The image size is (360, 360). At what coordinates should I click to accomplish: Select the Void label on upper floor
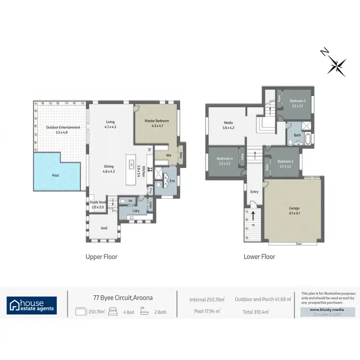tap(104, 228)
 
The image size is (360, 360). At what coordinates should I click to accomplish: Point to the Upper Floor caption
tap(101, 257)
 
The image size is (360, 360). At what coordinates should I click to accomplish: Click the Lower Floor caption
tap(259, 257)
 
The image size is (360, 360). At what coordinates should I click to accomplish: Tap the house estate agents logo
tap(32, 305)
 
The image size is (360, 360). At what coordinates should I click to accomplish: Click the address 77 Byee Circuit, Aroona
tap(123, 298)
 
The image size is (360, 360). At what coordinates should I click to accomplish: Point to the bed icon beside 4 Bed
tap(112, 312)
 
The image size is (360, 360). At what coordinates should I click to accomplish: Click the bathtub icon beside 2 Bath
tap(144, 312)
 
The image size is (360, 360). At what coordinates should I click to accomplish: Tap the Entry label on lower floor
tap(254, 192)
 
